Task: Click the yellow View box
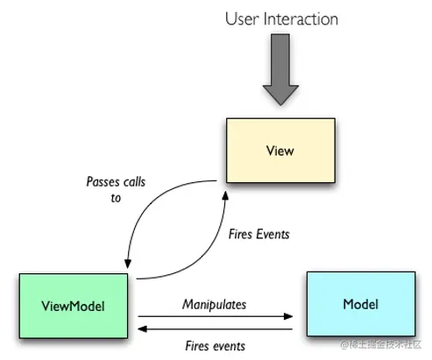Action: (280, 151)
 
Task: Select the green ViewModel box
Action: (74, 306)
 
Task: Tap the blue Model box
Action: (361, 304)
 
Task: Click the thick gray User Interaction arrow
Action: (280, 69)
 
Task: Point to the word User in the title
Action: (242, 19)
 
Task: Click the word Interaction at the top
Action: (301, 19)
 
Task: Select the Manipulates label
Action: (214, 305)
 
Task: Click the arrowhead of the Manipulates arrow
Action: (288, 316)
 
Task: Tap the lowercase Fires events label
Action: (216, 346)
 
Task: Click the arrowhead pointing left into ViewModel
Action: (142, 329)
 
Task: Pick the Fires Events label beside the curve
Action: (258, 234)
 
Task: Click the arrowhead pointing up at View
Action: (225, 195)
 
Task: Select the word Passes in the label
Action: (103, 182)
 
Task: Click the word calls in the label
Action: (134, 182)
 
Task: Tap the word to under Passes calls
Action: (116, 198)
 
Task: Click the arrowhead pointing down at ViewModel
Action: (128, 264)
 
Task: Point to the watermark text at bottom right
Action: (381, 344)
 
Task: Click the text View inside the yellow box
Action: (280, 151)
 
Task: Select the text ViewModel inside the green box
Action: (73, 307)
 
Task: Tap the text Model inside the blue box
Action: (361, 304)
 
